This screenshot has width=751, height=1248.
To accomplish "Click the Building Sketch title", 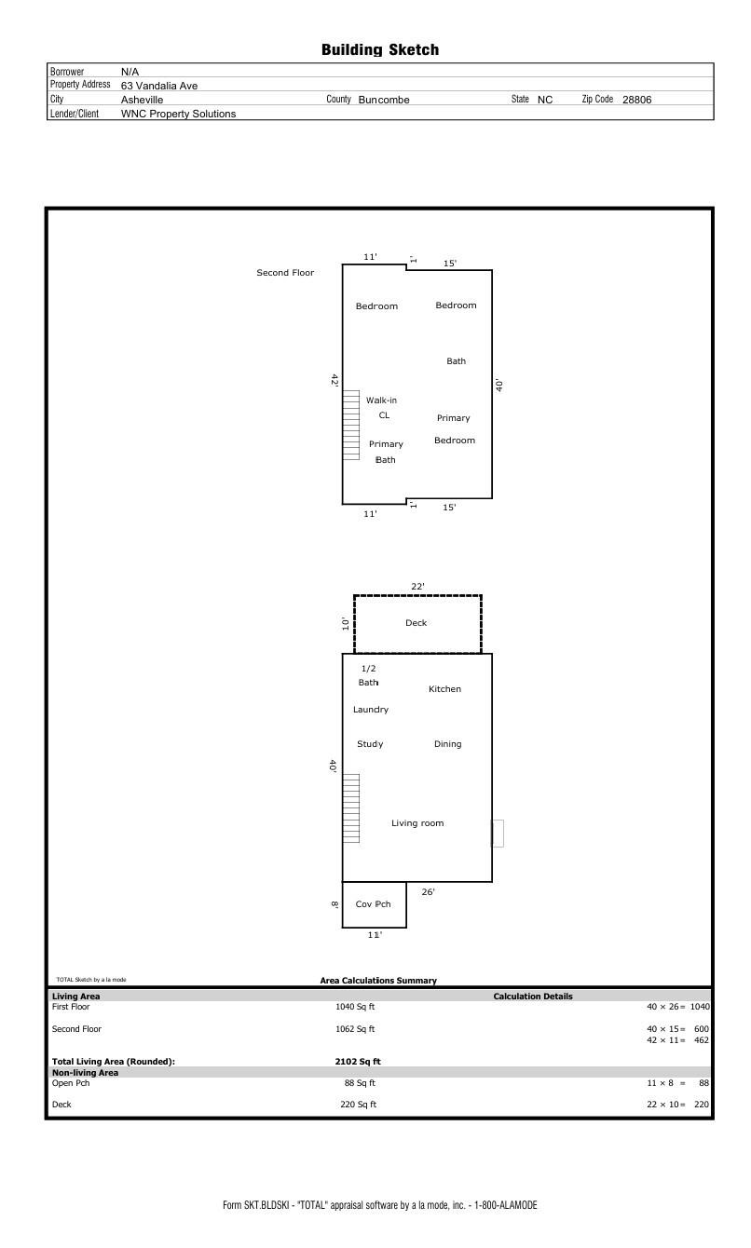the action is click(x=379, y=49).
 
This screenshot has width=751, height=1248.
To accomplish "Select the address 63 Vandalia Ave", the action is click(x=159, y=86).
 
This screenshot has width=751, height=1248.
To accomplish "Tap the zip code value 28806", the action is click(x=636, y=100).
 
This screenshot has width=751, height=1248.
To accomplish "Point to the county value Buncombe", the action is click(x=384, y=100).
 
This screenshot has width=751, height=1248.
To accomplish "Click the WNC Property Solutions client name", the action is click(x=178, y=114).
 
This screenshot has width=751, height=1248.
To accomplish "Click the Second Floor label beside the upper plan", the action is click(x=285, y=273).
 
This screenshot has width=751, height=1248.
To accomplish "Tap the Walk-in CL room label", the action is click(x=382, y=407).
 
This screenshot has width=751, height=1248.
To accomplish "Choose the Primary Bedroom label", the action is click(x=455, y=429).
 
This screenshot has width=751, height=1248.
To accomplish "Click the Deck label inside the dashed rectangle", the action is click(x=416, y=623).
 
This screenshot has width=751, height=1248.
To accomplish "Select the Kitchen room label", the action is click(x=444, y=688).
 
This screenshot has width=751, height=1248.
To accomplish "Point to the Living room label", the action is click(x=417, y=823).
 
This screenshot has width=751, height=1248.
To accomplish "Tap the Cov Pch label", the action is click(x=373, y=903).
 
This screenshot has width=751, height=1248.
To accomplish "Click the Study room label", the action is click(x=370, y=744).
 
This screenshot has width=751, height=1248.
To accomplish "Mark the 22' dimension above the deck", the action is click(x=417, y=586).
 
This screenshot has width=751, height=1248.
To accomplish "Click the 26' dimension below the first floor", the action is click(x=428, y=891).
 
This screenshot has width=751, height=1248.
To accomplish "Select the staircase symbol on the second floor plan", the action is click(x=350, y=425).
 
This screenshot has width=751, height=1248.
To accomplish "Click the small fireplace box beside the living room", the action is click(x=498, y=833).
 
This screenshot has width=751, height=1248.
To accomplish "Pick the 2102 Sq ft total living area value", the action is click(x=358, y=1062).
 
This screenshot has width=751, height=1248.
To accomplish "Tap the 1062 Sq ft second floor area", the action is click(x=355, y=1028).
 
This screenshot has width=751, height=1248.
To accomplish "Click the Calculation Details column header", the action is click(x=532, y=997).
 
